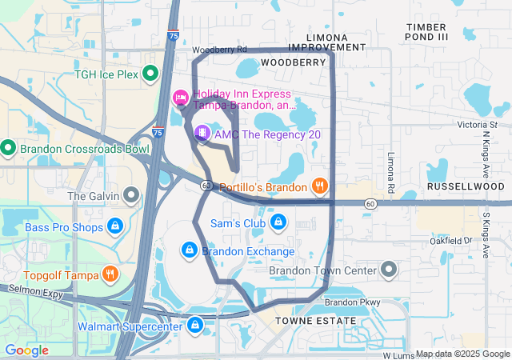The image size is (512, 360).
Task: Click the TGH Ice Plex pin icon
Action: (x=150, y=75)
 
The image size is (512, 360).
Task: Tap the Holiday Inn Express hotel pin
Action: (x=181, y=98)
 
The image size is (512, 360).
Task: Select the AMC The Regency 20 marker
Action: (x=203, y=134)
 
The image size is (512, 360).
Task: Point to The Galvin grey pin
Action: (x=131, y=195)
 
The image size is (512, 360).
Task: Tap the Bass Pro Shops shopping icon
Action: (x=115, y=227)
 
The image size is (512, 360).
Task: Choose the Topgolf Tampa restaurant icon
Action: (x=110, y=275)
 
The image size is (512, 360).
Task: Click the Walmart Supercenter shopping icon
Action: (x=195, y=326)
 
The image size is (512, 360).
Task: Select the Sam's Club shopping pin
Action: (x=278, y=222)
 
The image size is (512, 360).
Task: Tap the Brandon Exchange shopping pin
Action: (x=189, y=250)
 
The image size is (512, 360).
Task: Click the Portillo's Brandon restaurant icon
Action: (x=319, y=186)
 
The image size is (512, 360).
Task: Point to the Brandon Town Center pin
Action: (x=390, y=270)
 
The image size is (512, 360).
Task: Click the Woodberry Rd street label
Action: (x=219, y=50)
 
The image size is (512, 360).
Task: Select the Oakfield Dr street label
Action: (x=451, y=240)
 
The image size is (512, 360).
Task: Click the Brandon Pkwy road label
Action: (x=352, y=302)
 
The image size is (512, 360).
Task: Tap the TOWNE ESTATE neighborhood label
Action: (x=316, y=321)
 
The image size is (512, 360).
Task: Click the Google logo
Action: (x=27, y=350)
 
